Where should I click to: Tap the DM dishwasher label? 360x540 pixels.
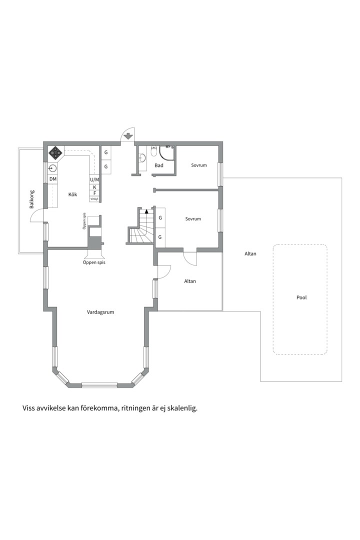tap(53, 179)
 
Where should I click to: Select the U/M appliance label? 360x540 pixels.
tap(94, 180)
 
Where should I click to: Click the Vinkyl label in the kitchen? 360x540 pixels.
tap(94, 199)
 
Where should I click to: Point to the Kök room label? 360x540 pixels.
tap(72, 194)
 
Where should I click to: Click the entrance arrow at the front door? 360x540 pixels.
tap(128, 136)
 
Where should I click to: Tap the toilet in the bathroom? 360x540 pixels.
tap(154, 151)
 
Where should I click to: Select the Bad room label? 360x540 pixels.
tap(159, 165)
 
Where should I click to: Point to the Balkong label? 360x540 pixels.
tap(31, 199)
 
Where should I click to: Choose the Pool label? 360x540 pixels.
tap(301, 297)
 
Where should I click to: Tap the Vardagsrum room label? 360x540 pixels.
tap(100, 312)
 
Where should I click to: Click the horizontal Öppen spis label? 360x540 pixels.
tap(94, 262)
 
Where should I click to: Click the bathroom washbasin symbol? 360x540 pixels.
tap(142, 157)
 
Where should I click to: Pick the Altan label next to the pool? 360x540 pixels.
tap(250, 254)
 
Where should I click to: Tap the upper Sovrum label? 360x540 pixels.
tap(199, 165)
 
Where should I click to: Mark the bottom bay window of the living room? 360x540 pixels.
tap(99, 385)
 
